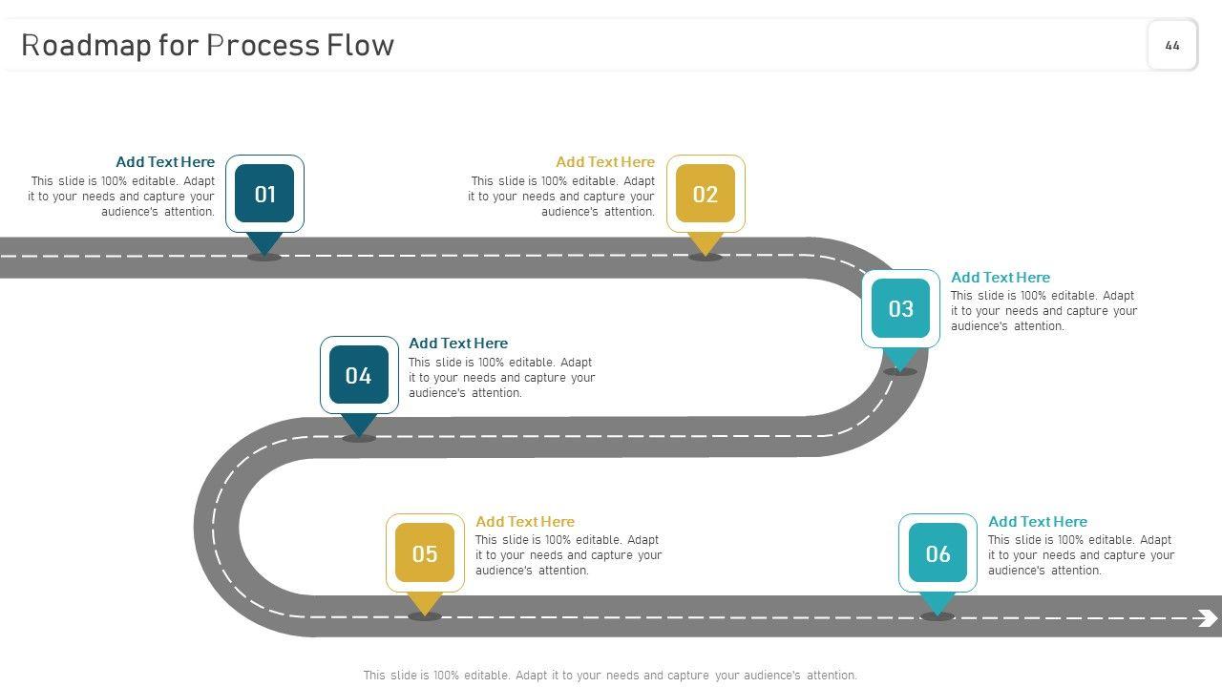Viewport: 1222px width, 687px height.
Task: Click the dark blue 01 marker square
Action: (264, 194)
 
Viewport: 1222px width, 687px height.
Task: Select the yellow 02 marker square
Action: (706, 194)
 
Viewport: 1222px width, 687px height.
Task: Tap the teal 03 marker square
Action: (900, 308)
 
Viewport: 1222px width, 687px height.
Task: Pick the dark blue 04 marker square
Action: (359, 375)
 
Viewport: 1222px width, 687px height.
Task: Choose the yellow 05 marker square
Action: (425, 553)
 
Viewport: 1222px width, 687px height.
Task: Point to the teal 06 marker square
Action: (938, 553)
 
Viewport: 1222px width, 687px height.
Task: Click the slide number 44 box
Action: (1172, 45)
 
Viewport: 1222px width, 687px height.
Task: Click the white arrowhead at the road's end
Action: (1207, 618)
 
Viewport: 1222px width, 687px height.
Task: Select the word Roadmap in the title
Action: (86, 45)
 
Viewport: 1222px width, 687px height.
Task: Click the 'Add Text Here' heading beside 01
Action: (165, 162)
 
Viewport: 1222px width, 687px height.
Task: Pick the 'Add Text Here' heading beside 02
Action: (605, 162)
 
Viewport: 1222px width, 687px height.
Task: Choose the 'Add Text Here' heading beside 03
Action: (1001, 278)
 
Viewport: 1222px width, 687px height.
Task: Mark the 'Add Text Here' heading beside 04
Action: (458, 343)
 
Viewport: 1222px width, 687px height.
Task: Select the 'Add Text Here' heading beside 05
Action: (525, 522)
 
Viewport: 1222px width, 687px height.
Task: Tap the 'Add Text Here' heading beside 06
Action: (1038, 522)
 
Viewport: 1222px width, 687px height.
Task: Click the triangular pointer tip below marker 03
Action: (900, 360)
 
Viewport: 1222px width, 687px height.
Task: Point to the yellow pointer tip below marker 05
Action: (425, 604)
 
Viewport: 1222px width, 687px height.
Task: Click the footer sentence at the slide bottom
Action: (610, 676)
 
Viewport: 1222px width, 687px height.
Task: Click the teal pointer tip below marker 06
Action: (938, 604)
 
